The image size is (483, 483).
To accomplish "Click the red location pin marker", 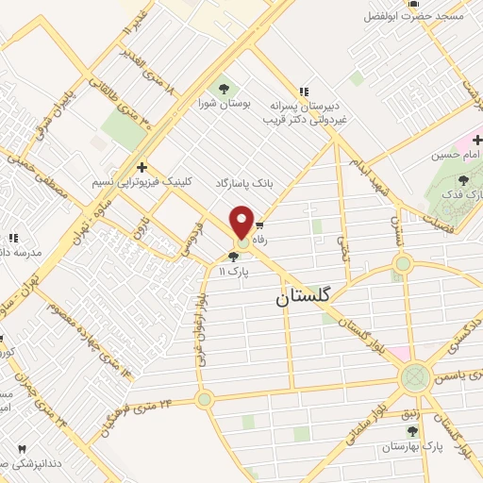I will tap(242, 222).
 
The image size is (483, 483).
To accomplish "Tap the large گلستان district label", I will tap(304, 296).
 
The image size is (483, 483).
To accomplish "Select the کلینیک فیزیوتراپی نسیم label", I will tap(142, 180).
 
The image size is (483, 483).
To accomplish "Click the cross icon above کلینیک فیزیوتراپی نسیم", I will tap(142, 165).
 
